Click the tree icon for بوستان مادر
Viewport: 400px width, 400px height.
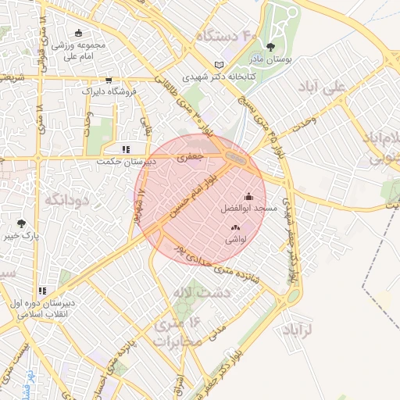(271, 48)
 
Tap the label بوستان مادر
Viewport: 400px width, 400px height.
(271, 60)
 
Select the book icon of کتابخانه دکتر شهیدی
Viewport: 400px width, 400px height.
(219, 65)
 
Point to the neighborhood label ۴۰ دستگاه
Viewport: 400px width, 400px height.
(227, 36)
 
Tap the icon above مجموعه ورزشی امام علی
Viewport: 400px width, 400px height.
(78, 33)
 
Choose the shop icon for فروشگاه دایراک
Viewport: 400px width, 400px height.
(108, 80)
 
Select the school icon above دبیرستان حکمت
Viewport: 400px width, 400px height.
(125, 148)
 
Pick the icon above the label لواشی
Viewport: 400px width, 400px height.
(235, 227)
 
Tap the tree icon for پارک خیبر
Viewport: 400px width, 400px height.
(20, 223)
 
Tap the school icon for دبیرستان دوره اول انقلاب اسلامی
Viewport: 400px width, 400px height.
(43, 291)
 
